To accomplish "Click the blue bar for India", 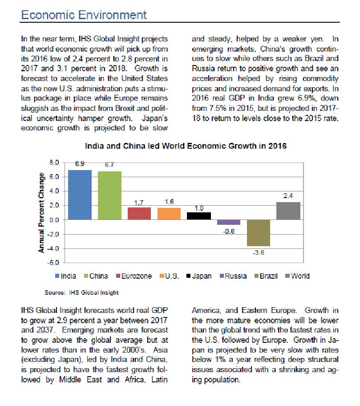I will coord(80,195).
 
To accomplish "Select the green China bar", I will coord(109,195).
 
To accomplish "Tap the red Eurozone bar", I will coord(139,214).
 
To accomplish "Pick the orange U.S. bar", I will coord(169,214).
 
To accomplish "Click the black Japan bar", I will coord(199,216).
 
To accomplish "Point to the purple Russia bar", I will coord(229,222).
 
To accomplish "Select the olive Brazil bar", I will coord(259,233).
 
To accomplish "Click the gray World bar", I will coord(288,211).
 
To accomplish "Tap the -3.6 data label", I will coord(259,252).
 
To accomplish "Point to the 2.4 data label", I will coord(288,195).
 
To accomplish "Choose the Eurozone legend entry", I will coord(136,276).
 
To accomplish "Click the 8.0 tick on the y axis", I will coord(54,163).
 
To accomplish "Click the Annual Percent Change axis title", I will coord(41,213).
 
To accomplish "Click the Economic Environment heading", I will coord(84,15).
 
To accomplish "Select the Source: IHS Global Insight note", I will coord(81,292).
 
